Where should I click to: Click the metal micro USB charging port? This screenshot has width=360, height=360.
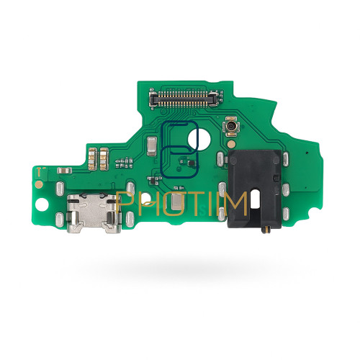click(x=94, y=213)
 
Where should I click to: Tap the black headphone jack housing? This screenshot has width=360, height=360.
click(x=255, y=189)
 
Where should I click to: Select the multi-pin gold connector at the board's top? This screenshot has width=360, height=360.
click(x=184, y=98)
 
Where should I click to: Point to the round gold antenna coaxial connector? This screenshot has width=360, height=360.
click(x=231, y=126)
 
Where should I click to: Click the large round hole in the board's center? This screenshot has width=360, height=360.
click(x=199, y=139)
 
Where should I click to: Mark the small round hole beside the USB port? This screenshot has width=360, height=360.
click(x=42, y=205)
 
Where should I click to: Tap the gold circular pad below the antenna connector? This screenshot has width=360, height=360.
click(x=231, y=144)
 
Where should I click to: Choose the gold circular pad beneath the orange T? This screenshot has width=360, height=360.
click(x=39, y=184)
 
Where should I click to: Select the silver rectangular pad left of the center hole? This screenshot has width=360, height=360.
click(x=152, y=145)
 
